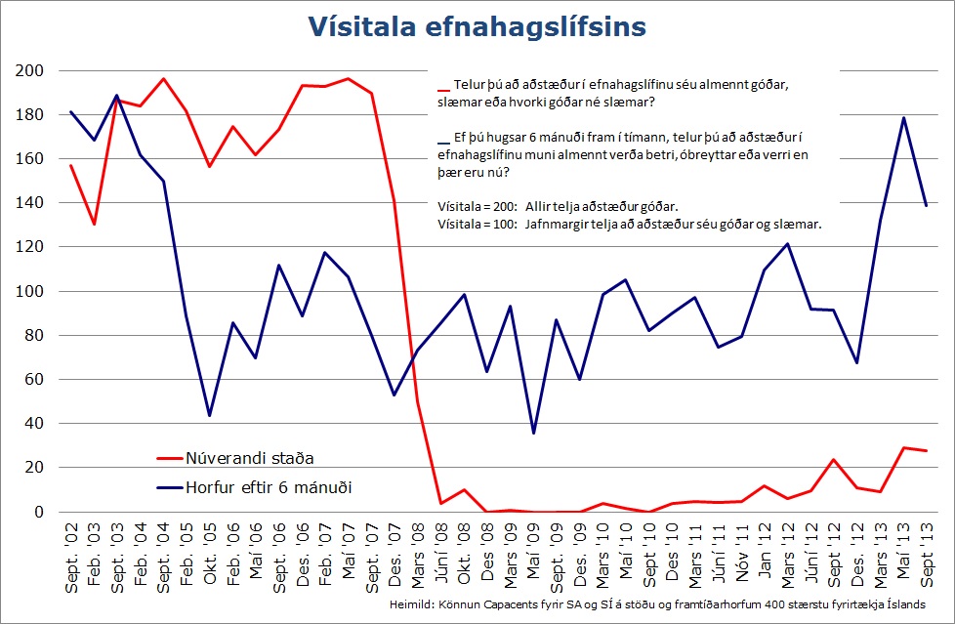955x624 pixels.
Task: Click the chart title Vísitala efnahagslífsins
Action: pyautogui.click(x=477, y=26)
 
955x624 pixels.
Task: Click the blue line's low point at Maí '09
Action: pyautogui.click(x=532, y=433)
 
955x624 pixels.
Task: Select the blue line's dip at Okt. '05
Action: pyautogui.click(x=209, y=416)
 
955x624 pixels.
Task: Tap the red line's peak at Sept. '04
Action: pyautogui.click(x=163, y=79)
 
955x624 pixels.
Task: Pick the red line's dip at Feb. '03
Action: pyautogui.click(x=94, y=225)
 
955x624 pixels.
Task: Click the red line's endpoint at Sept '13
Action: pyautogui.click(x=925, y=450)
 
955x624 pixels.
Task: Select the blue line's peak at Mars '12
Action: pyautogui.click(x=787, y=244)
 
